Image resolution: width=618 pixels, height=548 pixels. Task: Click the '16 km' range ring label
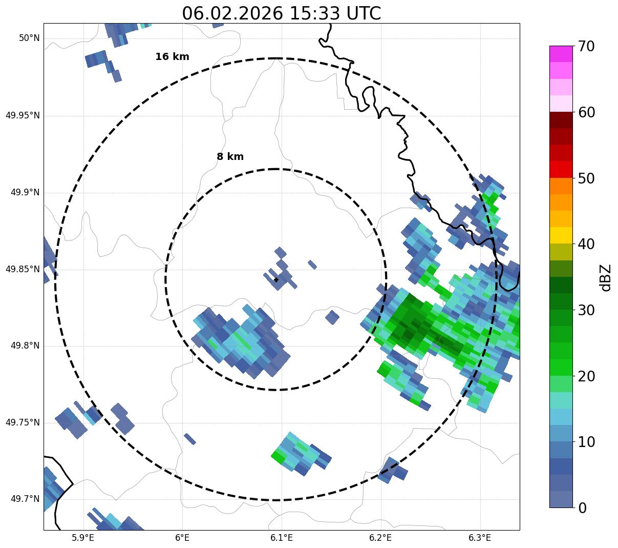172,57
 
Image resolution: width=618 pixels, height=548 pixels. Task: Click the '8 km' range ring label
230,157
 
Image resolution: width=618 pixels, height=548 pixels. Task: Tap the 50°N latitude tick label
29,38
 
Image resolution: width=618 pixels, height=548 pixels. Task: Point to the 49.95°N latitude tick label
23,115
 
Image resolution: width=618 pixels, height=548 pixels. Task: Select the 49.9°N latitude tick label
25,192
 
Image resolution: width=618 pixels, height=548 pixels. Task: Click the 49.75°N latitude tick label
23,422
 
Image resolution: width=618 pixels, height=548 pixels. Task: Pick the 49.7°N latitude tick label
25,499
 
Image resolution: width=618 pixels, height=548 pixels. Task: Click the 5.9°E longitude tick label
83,538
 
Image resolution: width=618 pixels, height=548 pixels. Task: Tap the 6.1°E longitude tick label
282,538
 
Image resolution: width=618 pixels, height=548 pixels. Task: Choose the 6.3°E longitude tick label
480,538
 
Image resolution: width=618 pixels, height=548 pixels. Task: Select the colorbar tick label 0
583,508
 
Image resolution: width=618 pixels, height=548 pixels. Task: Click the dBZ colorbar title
606,277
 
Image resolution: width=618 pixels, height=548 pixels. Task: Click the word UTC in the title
363,13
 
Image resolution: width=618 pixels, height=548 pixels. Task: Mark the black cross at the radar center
276,279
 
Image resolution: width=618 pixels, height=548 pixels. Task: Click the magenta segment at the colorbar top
561,54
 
